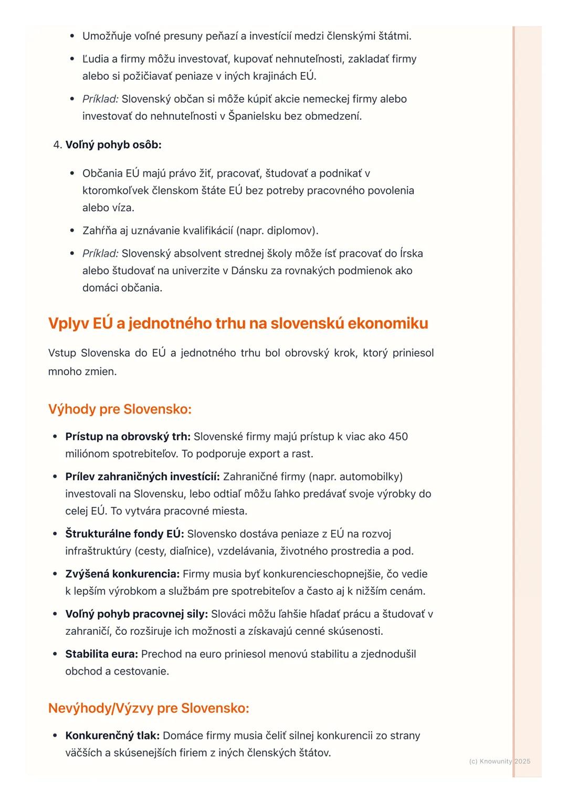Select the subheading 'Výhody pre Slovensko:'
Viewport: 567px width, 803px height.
point(120,409)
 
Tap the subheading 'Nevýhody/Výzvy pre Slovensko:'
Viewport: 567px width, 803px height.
point(149,708)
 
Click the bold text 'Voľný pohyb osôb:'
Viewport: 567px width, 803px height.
point(113,145)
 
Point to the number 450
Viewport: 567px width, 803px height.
point(398,437)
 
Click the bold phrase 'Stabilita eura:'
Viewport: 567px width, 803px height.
point(101,654)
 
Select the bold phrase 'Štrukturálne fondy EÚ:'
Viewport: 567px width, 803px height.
point(124,534)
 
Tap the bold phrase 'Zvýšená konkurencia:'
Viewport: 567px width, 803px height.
point(122,574)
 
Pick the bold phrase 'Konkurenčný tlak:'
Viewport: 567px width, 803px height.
point(112,736)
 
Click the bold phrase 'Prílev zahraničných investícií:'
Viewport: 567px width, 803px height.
point(142,477)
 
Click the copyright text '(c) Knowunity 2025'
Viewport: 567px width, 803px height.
point(499,761)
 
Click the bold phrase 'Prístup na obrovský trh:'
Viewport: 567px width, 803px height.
point(128,437)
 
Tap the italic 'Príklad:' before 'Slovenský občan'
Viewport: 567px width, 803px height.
point(100,99)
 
